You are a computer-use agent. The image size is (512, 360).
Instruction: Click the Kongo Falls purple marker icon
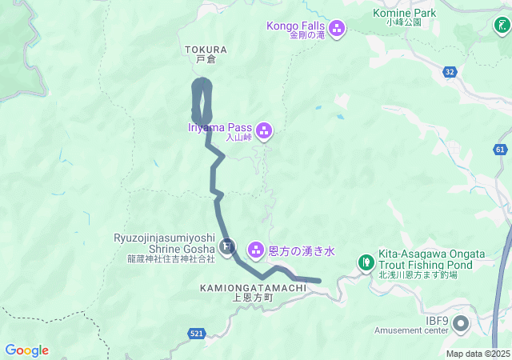tap(337, 30)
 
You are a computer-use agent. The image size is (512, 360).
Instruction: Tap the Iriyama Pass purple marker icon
tap(264, 130)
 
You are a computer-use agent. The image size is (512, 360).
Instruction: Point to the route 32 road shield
tap(450, 72)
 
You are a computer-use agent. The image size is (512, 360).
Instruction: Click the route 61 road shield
tap(501, 149)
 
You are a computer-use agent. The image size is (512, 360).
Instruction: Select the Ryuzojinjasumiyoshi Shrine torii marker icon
tap(228, 245)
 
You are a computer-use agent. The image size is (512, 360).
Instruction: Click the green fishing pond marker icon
tap(366, 261)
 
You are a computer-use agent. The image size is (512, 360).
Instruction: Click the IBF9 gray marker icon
tap(462, 323)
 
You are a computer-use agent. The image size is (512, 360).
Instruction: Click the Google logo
tap(26, 350)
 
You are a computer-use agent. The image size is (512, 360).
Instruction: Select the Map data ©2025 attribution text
tap(478, 354)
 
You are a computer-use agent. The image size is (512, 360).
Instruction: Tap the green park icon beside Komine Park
tap(501, 26)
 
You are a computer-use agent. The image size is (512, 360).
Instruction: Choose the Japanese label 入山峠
tap(238, 138)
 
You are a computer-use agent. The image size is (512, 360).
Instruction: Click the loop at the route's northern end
tap(202, 102)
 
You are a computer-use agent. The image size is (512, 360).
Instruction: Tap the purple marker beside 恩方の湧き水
tap(256, 250)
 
